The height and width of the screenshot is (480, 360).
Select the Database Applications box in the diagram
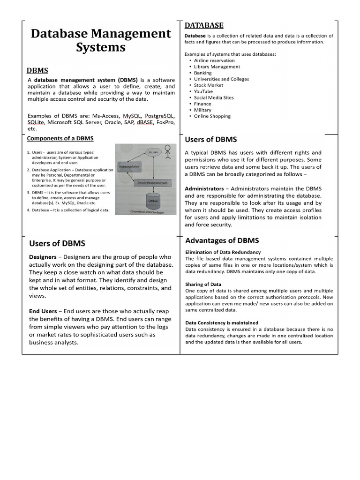pyautogui.click(x=130, y=166)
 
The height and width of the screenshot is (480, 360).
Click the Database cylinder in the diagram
pyautogui.click(x=153, y=201)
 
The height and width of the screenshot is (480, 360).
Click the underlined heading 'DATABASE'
pyautogui.click(x=204, y=25)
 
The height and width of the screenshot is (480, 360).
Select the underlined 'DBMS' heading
pyautogui.click(x=37, y=70)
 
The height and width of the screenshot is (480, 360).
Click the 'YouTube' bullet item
pyautogui.click(x=203, y=91)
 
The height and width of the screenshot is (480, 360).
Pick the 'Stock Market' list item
pyautogui.click(x=209, y=85)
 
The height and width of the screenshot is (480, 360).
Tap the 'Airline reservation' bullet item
pyautogui.click(x=214, y=60)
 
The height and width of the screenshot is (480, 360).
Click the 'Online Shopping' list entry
pyautogui.click(x=212, y=116)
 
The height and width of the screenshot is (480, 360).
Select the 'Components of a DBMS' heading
pyautogui.click(x=60, y=138)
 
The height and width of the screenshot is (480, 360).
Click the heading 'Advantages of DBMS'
pyautogui.click(x=222, y=240)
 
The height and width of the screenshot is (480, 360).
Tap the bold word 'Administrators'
pyautogui.click(x=204, y=188)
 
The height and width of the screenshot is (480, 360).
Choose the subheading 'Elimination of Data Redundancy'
pyautogui.click(x=223, y=252)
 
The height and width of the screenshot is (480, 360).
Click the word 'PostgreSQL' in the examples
pyautogui.click(x=160, y=115)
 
